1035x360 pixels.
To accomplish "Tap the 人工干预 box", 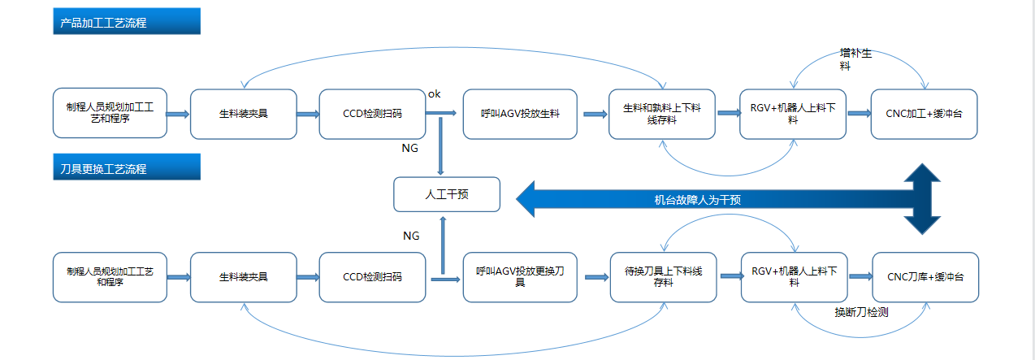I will click(446, 195).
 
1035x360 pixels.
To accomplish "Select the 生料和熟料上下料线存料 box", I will click(662, 114).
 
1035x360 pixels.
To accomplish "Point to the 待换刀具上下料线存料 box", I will click(663, 277).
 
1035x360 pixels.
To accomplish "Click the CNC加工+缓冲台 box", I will click(924, 114).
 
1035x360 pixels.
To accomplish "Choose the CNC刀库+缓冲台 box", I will click(925, 277).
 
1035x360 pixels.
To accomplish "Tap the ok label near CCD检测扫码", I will click(434, 94).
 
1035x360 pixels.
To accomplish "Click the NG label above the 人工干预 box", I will click(410, 149).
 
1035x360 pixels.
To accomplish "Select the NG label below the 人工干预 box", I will click(411, 236).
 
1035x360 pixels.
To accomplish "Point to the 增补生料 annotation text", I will click(855, 59).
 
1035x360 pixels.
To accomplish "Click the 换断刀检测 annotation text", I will click(860, 311).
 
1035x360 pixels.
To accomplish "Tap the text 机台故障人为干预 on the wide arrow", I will click(697, 200).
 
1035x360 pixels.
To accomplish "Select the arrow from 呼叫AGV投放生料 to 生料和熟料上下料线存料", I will click(595, 114).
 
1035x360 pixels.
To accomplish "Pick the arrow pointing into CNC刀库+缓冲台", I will click(860, 277).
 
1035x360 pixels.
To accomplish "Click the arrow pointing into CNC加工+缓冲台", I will click(859, 114).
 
